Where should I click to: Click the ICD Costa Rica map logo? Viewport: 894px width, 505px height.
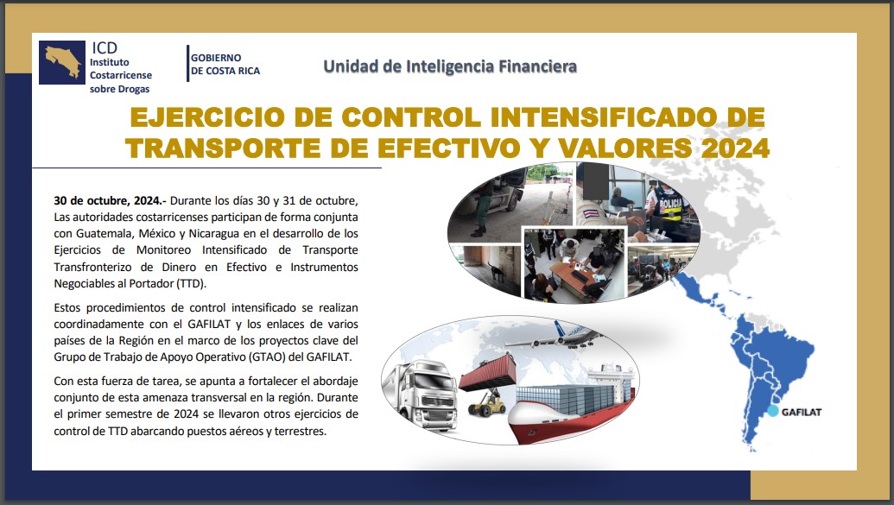pos(62,63)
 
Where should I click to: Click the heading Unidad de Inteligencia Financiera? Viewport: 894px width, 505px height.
pos(450,66)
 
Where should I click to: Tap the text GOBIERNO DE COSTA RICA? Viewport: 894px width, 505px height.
pos(225,65)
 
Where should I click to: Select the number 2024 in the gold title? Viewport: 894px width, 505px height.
pos(735,148)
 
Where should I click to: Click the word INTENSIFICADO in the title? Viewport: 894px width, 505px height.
pos(603,117)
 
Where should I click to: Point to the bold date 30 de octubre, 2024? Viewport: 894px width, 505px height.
pos(108,200)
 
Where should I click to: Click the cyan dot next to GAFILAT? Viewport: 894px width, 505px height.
pos(772,411)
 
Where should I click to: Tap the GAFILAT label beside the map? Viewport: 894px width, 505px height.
pos(801,412)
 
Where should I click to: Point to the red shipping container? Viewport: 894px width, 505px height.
pos(487,372)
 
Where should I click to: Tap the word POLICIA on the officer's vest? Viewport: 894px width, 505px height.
pos(670,205)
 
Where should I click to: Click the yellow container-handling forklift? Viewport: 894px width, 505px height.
pos(486,402)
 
